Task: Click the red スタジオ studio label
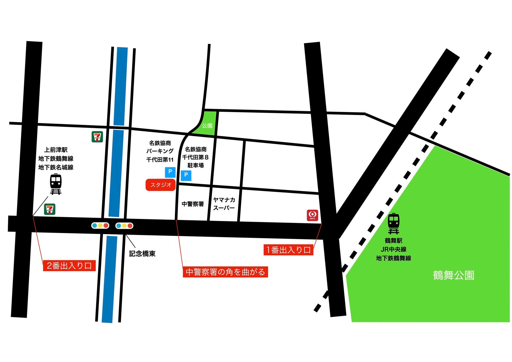point(161,185)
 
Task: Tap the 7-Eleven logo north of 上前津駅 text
point(97,137)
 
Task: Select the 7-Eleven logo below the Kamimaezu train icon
point(49,209)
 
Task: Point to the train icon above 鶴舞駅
point(393,224)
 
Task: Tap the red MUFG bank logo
point(312,215)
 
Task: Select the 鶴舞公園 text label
point(453,275)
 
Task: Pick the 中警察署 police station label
point(193,204)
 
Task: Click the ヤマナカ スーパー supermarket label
point(224,204)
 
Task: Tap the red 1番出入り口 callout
point(288,250)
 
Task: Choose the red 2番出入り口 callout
point(69,266)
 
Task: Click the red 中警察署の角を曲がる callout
point(225,272)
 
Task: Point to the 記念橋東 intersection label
point(142,254)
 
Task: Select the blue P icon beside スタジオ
point(170,172)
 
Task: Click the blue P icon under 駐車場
point(186,175)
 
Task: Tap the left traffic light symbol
point(100,226)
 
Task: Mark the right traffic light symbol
point(124,226)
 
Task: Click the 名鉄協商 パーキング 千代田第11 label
point(160,151)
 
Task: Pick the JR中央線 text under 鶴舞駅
point(393,249)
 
